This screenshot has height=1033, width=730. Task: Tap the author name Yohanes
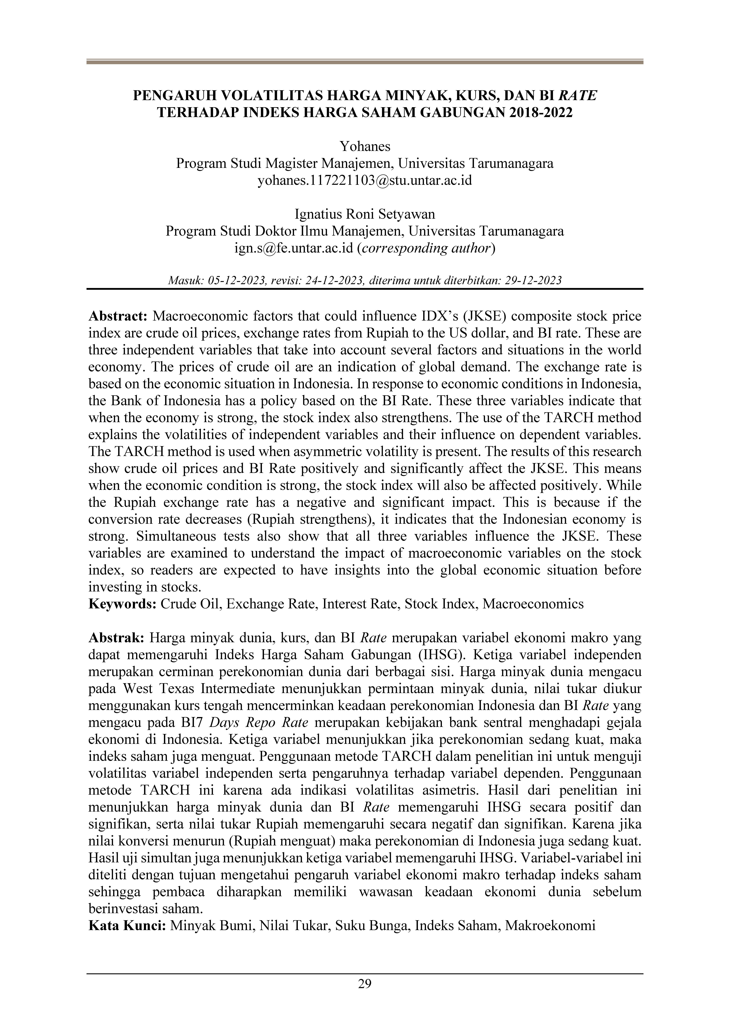pyautogui.click(x=365, y=146)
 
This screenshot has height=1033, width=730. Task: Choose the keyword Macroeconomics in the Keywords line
pyautogui.click(x=533, y=604)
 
